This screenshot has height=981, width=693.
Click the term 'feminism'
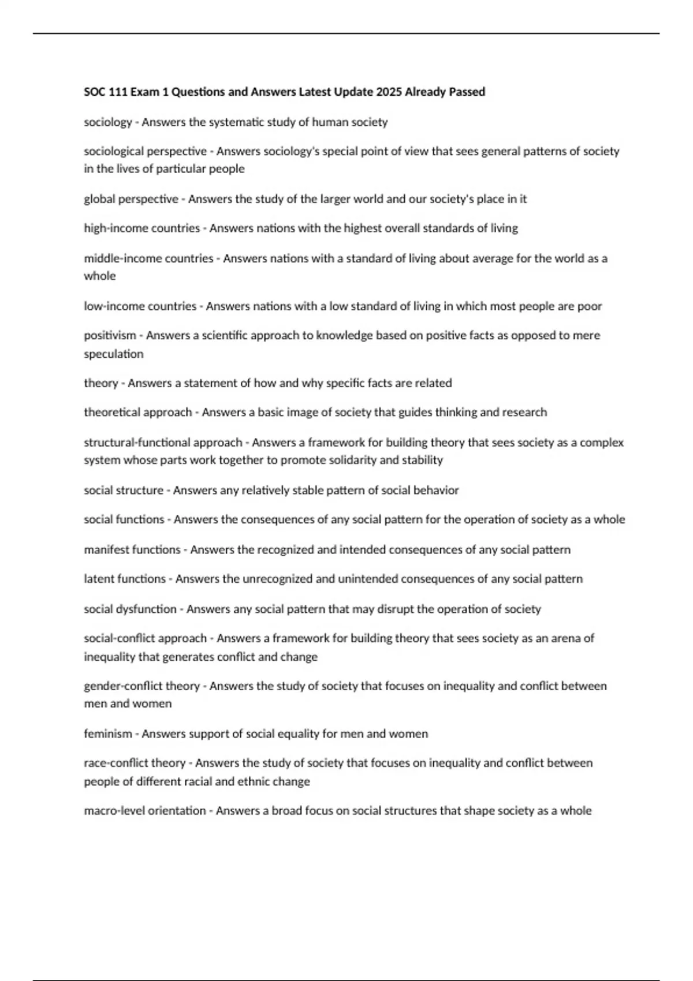(x=108, y=734)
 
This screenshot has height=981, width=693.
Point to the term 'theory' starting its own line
(x=101, y=383)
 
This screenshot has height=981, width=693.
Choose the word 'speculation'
(x=114, y=354)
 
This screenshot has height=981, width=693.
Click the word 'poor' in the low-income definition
(x=590, y=306)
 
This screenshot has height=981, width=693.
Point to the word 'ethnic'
(x=263, y=782)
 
